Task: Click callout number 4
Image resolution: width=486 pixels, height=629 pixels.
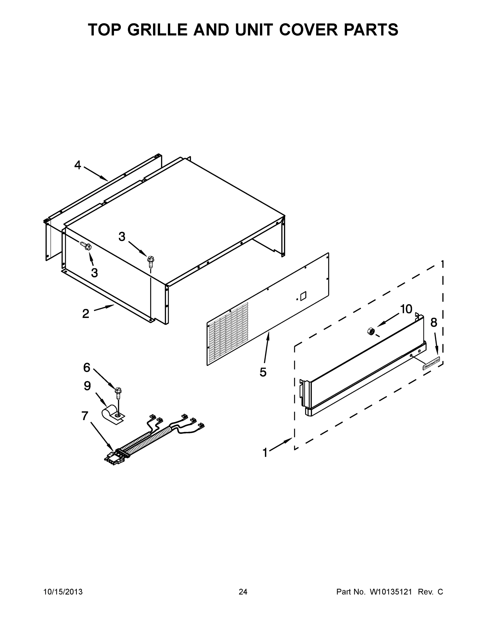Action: [x=78, y=165]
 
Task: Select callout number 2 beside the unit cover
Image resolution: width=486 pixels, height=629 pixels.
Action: [x=85, y=314]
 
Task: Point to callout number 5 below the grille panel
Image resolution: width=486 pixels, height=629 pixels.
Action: [x=263, y=372]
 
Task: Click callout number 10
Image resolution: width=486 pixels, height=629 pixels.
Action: [x=406, y=309]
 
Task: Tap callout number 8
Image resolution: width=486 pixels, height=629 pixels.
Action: [x=434, y=323]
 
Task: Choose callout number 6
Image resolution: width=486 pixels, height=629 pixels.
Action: [x=87, y=367]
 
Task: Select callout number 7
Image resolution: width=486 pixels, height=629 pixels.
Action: [x=85, y=416]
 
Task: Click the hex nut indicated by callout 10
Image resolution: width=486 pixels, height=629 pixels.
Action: [x=371, y=332]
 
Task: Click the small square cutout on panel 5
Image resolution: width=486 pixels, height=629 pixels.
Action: [x=303, y=296]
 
